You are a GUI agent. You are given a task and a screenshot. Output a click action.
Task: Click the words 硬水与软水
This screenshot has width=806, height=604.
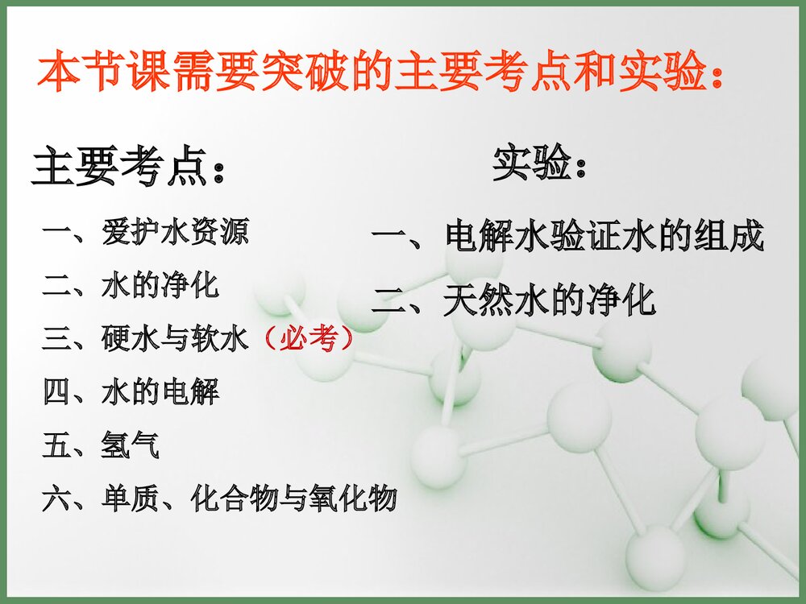pyautogui.click(x=174, y=340)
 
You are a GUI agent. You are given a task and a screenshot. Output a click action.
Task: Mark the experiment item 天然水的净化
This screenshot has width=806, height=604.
pyautogui.click(x=549, y=301)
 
